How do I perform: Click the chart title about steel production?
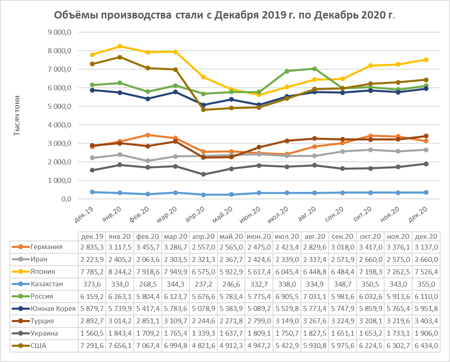click(225, 16)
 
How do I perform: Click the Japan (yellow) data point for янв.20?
click(120, 46)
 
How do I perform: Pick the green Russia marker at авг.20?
click(314, 69)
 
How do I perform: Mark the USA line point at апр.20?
click(203, 110)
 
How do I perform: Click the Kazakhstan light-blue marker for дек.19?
click(92, 192)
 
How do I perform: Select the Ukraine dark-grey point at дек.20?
click(426, 164)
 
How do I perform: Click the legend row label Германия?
click(46, 247)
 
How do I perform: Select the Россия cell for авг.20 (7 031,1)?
click(315, 297)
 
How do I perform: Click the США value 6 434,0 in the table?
click(426, 346)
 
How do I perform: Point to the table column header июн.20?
click(259, 237)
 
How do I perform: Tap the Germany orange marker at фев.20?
click(147, 135)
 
